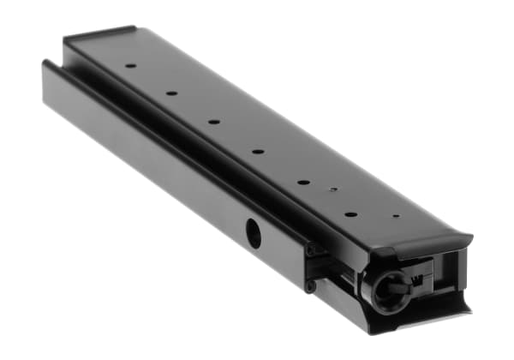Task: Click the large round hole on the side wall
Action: click(x=254, y=232)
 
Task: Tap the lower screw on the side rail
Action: click(x=309, y=285)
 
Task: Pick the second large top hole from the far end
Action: click(x=171, y=93)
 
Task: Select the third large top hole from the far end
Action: click(x=213, y=122)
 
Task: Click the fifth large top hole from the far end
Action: click(x=303, y=182)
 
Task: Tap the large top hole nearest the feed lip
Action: click(x=350, y=213)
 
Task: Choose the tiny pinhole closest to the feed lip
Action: click(x=395, y=216)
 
